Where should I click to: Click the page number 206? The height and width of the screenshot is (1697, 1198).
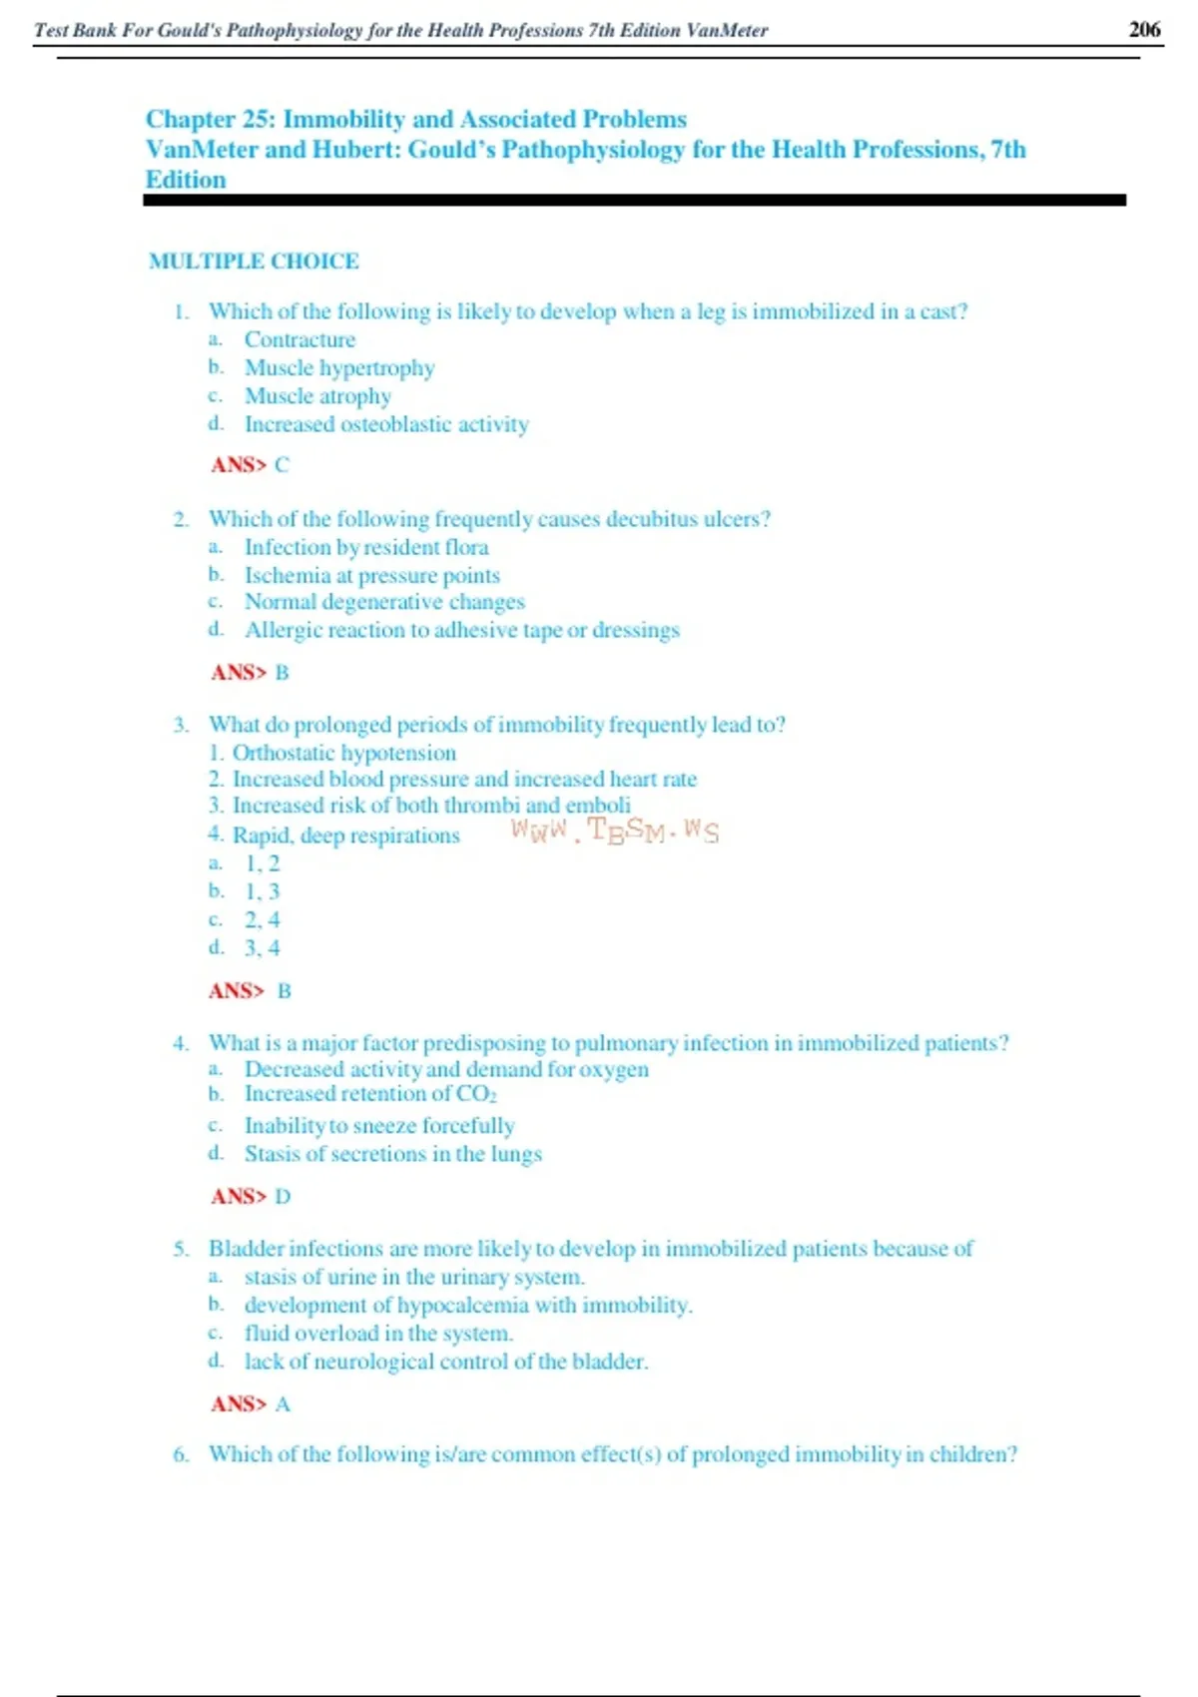1144,29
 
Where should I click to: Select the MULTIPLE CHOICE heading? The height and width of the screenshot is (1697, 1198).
254,262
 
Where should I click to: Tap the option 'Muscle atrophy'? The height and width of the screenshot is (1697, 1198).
317,396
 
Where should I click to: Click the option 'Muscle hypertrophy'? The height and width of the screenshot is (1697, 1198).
339,368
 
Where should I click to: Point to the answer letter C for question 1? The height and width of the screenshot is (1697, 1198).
282,465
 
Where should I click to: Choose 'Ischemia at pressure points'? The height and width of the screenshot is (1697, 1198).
371,576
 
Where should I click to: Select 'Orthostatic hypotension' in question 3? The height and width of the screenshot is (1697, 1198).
343,753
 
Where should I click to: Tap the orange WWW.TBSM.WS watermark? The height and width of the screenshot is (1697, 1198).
614,831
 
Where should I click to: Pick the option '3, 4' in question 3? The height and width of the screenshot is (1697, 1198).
262,948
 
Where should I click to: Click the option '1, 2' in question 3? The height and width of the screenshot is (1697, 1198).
262,863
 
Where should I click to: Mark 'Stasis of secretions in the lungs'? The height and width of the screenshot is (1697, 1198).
392,1154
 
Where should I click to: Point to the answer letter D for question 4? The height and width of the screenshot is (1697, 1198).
283,1197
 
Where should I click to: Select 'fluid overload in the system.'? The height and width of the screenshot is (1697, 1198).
378,1334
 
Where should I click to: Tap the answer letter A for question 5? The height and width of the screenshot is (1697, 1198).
283,1405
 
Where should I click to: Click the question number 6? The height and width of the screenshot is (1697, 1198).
180,1454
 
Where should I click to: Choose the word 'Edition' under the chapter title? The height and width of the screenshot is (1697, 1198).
186,180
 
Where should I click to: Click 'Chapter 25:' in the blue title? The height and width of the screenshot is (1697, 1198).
211,120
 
